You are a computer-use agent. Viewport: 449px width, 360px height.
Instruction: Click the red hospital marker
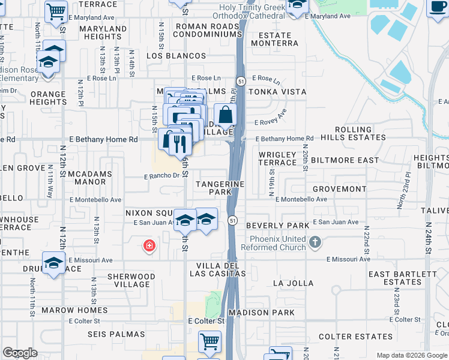[x=148, y=245]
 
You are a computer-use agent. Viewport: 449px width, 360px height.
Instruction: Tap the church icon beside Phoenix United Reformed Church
[x=315, y=243]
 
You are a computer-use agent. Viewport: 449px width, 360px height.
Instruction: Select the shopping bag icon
[x=224, y=115]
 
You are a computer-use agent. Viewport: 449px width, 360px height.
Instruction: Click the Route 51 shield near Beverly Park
[x=231, y=221]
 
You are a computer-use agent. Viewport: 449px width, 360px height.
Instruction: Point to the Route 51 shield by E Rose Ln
[x=240, y=80]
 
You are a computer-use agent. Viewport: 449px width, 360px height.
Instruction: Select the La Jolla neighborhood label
[x=293, y=283]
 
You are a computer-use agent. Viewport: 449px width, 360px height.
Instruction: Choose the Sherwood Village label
[x=131, y=281]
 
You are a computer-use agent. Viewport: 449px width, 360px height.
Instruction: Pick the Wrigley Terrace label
[x=277, y=158]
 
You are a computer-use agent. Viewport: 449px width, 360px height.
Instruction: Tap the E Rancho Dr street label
[x=162, y=176]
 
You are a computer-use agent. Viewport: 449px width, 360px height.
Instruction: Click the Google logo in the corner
[x=20, y=353]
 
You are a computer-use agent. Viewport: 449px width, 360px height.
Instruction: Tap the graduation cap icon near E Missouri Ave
[x=53, y=263]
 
